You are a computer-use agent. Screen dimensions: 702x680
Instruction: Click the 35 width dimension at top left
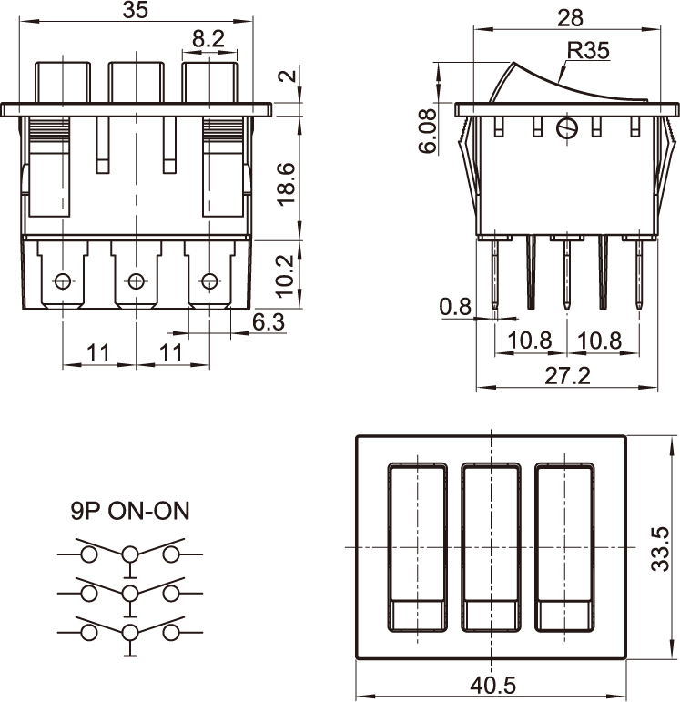[x=135, y=11]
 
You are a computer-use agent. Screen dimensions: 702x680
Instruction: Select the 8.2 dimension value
[x=208, y=38]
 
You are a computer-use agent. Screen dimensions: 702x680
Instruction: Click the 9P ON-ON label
[x=130, y=511]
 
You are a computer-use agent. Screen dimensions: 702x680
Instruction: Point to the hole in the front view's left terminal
[x=63, y=280]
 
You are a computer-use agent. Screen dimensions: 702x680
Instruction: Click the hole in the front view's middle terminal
[x=137, y=280]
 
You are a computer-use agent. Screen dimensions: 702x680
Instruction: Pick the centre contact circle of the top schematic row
[x=131, y=553]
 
